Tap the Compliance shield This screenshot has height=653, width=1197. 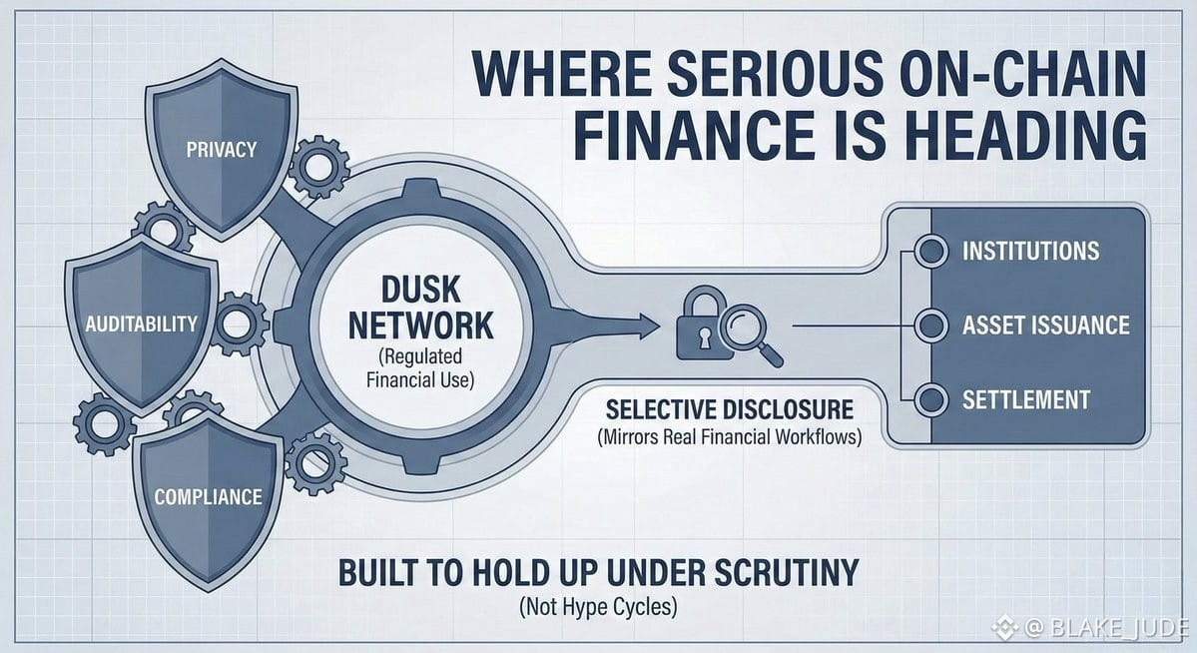tap(208, 495)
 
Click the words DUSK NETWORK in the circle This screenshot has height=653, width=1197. tap(422, 308)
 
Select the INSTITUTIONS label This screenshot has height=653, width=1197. tap(1030, 251)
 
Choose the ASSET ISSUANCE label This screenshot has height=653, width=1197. tap(1045, 325)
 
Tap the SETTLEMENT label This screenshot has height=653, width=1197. tap(1025, 399)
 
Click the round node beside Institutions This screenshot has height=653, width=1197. tap(931, 251)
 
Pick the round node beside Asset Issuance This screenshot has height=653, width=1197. tap(931, 325)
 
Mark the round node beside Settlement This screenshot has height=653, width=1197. tap(931, 399)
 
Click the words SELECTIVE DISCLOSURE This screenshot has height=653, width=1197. tap(729, 409)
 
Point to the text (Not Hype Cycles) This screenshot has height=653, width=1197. tap(598, 606)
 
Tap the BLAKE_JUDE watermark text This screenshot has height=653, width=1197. tap(1105, 628)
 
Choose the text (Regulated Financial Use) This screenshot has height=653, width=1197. tap(422, 367)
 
